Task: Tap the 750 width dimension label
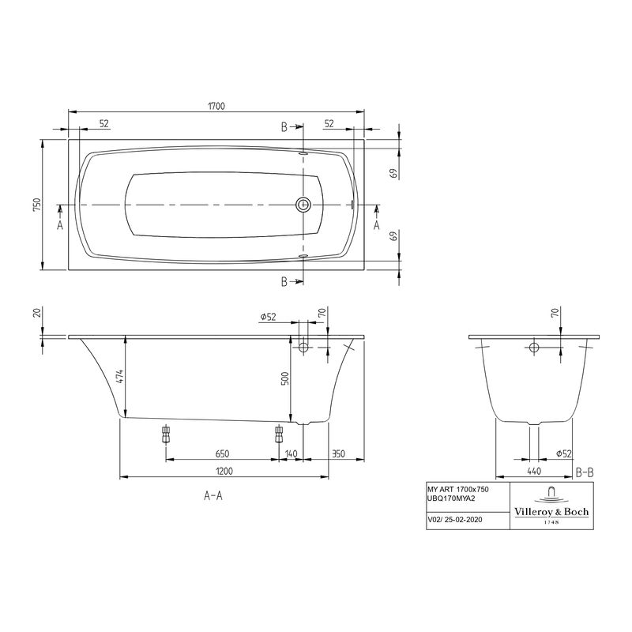point(36,205)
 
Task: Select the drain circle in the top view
point(303,205)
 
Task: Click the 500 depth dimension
point(285,378)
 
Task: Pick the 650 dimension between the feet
point(222,453)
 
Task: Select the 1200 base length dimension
point(224,472)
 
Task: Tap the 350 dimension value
point(338,453)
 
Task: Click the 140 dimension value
point(292,453)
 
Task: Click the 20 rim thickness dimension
point(36,314)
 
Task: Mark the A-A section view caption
point(213,497)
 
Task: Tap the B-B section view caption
point(585,472)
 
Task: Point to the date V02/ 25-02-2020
point(456,521)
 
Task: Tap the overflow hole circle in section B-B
point(534,348)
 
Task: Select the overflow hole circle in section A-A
point(303,347)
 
